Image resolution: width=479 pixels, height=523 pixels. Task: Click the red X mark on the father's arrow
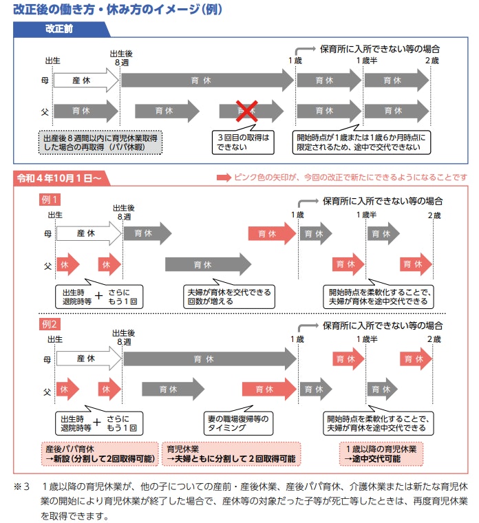coord(247,110)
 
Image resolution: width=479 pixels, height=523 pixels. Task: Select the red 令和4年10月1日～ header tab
coord(58,178)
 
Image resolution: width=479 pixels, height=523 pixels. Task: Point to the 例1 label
coord(50,200)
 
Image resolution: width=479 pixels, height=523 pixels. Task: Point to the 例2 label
coord(50,323)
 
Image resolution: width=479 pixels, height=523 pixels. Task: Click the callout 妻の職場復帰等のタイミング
coord(240,423)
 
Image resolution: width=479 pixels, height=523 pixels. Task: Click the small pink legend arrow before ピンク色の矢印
coord(224,178)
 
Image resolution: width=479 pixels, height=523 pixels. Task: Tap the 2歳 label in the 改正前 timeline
coord(432,62)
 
